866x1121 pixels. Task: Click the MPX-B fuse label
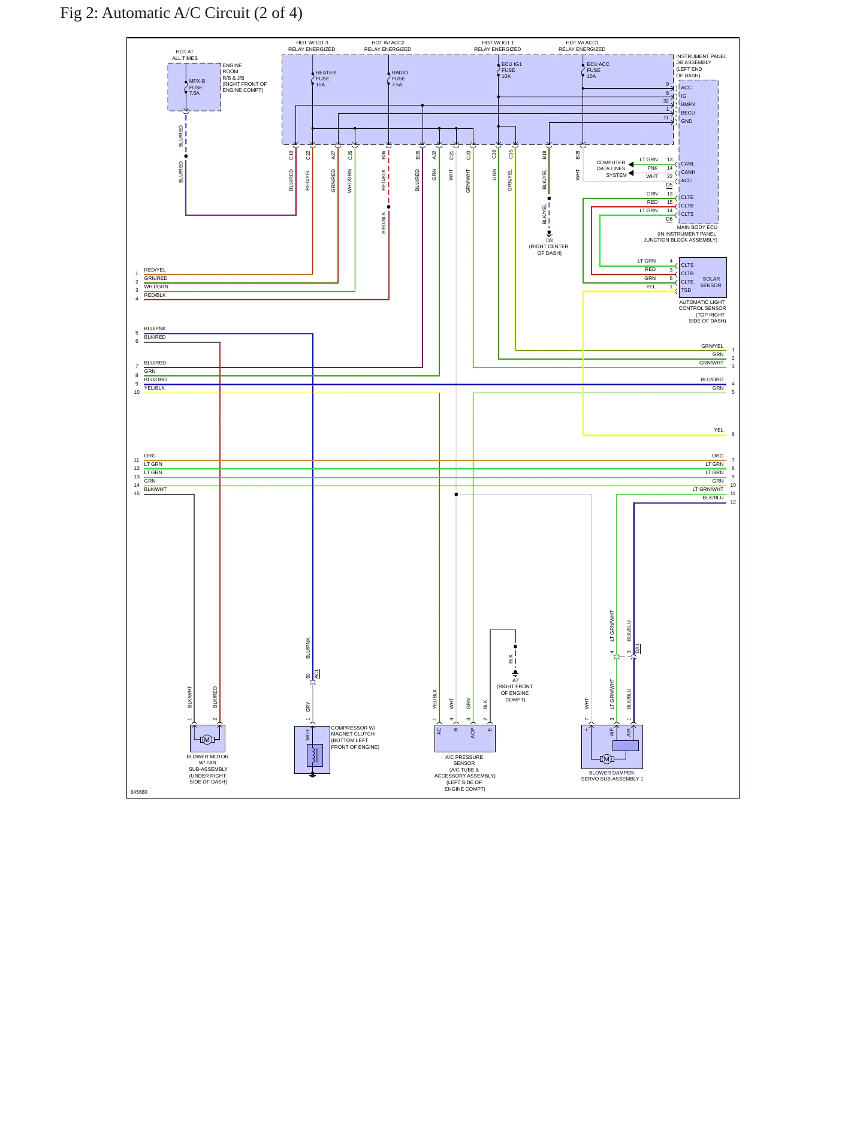tap(197, 87)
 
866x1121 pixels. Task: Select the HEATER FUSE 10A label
tap(325, 79)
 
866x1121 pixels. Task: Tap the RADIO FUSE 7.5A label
tap(400, 79)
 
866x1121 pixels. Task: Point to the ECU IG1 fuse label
tap(511, 70)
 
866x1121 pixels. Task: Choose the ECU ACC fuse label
tap(598, 70)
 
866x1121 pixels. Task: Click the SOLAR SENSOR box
tap(702, 278)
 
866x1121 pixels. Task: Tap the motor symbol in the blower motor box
tap(207, 740)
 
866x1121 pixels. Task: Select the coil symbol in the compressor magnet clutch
tap(315, 755)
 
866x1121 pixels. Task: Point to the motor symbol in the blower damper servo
tap(606, 759)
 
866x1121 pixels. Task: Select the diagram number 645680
tap(139, 792)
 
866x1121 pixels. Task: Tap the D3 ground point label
tap(549, 240)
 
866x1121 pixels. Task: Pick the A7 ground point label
tap(515, 680)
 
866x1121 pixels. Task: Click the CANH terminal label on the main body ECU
tap(688, 172)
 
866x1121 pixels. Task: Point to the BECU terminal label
tap(688, 113)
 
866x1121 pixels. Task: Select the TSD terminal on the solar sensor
tap(686, 290)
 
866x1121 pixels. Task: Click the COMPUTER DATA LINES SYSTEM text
tap(611, 169)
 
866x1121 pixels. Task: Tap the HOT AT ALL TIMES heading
tap(185, 55)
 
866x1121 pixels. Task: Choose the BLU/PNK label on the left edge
tap(155, 329)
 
